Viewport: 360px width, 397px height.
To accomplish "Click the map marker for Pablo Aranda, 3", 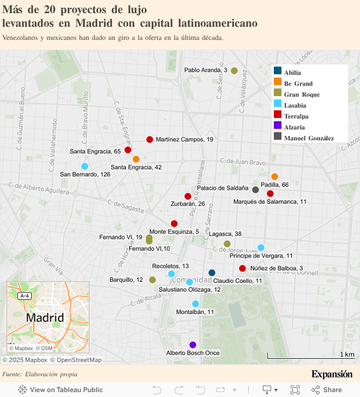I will [234, 70].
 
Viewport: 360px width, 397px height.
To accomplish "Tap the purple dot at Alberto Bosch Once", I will [193, 345].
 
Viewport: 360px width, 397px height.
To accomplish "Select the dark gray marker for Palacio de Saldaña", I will [255, 189].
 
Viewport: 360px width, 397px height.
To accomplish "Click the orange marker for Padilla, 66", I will [274, 176].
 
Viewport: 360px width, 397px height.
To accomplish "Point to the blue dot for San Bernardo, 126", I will [85, 166].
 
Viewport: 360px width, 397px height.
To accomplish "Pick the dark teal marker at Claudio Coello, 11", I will [212, 272].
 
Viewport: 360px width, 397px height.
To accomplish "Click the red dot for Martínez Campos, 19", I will [149, 139].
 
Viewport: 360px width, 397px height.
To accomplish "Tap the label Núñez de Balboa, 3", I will [277, 268].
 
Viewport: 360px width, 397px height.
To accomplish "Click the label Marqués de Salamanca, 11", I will [269, 202].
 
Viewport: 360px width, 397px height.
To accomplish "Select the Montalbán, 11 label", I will [195, 312].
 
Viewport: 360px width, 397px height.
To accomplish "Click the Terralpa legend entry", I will [296, 116].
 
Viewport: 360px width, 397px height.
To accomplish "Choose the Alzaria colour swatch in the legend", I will [278, 127].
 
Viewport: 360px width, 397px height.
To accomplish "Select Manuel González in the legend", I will [308, 138].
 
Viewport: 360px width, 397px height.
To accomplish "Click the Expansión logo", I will [332, 374].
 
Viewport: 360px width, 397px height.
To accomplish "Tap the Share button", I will [326, 389].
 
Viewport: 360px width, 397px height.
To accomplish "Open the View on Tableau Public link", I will [61, 389].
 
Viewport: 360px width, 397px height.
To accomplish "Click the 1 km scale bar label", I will [347, 354].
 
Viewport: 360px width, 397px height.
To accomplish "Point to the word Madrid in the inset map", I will [45, 317].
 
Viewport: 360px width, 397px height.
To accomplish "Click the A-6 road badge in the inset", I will [24, 295].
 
